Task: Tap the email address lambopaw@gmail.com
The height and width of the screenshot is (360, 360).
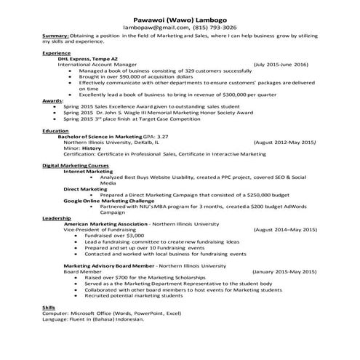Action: (153, 26)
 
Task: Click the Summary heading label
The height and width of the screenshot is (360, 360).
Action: (55, 35)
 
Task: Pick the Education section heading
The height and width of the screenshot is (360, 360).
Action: (55, 130)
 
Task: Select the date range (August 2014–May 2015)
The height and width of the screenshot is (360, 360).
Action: (285, 229)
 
